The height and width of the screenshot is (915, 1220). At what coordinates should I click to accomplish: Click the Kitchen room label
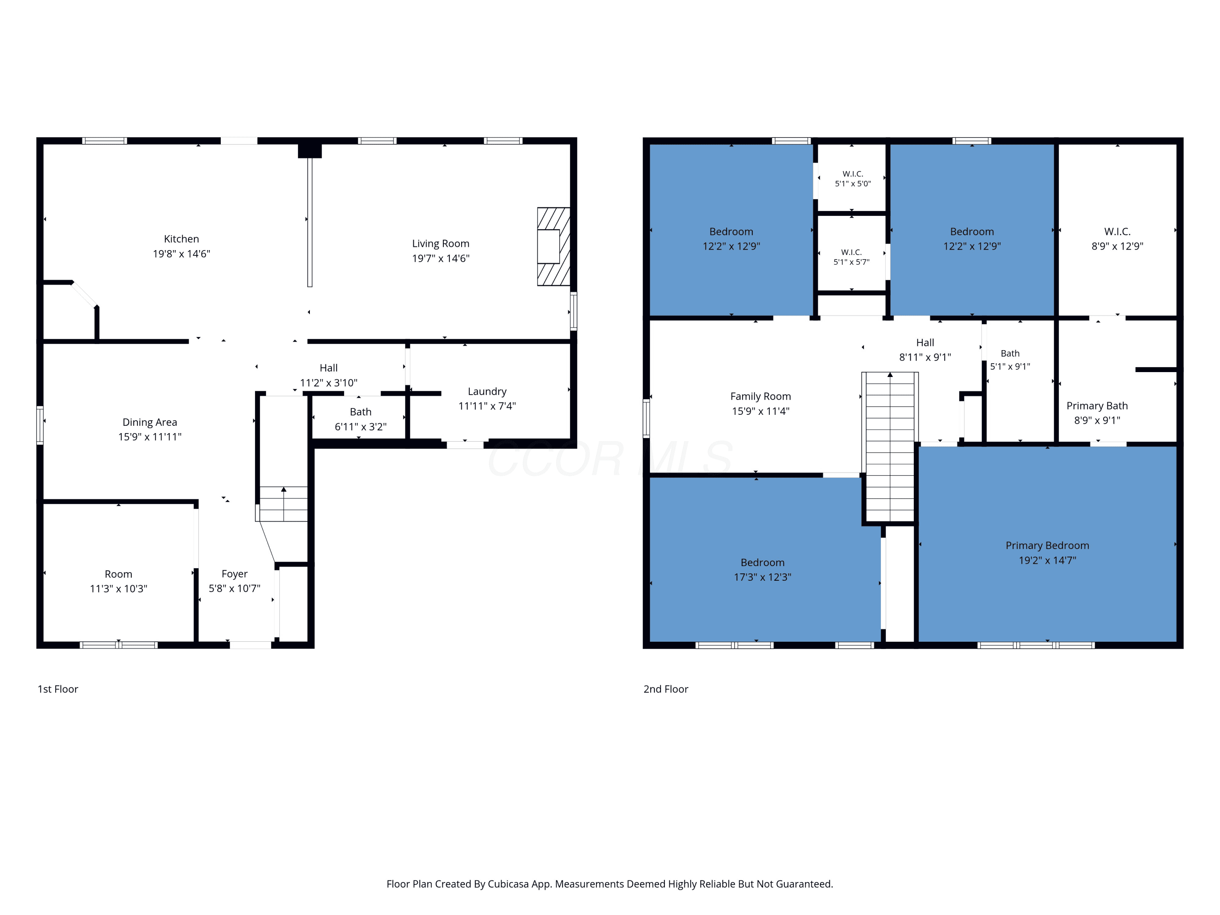(x=181, y=239)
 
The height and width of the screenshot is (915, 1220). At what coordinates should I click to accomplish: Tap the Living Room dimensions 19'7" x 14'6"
(x=441, y=258)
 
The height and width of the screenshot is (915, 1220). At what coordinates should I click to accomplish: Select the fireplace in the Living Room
(x=554, y=246)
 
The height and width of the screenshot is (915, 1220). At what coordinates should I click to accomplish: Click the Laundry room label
(x=487, y=392)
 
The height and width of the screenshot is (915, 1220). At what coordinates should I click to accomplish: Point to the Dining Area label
(x=150, y=423)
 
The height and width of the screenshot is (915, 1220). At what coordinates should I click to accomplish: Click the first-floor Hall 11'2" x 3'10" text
(x=329, y=375)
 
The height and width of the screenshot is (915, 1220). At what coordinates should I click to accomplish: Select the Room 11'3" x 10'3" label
(x=119, y=581)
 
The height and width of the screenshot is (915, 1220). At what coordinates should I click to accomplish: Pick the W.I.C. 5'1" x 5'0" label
(x=853, y=179)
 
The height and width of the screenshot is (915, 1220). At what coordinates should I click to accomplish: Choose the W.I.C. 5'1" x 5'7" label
(x=852, y=257)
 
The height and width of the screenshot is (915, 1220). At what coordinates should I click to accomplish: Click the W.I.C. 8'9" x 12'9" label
(x=1118, y=239)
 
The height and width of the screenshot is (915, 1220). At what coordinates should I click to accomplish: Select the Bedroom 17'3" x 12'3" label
(x=762, y=570)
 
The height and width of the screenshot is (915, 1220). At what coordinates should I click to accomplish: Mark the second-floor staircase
(x=890, y=447)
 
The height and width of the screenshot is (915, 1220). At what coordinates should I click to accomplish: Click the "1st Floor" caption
(x=58, y=689)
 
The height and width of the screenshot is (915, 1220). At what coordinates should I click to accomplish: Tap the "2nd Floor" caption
(x=666, y=689)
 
